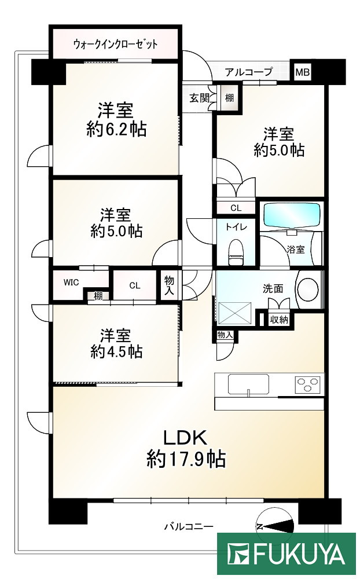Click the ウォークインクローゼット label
point(116,44)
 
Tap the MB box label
point(303,72)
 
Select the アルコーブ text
point(248,72)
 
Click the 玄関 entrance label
point(199,98)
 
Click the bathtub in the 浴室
point(292,215)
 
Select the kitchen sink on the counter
point(248,384)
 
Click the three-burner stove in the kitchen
point(308,384)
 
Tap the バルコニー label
point(189,526)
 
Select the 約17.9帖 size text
point(186,459)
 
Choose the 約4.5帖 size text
point(116,351)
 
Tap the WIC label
point(71,283)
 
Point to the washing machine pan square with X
point(235,312)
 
